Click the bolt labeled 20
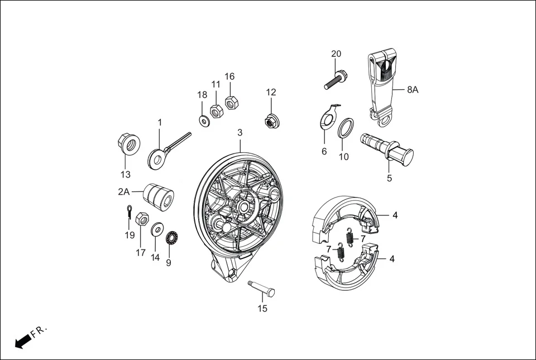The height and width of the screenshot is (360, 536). coord(334,80)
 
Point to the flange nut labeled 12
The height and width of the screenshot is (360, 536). coord(271,120)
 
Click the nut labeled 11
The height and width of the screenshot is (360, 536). coord(217,110)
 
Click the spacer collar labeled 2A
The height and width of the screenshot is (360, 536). coord(159,197)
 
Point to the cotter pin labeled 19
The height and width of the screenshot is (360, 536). coord(129,212)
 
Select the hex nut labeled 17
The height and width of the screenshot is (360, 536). coord(142,219)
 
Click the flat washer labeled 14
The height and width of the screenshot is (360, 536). coord(157,228)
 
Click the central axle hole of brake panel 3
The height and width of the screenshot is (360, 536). coord(245,206)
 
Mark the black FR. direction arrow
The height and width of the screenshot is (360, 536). coord(22,341)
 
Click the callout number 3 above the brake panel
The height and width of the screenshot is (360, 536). coord(240,133)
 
